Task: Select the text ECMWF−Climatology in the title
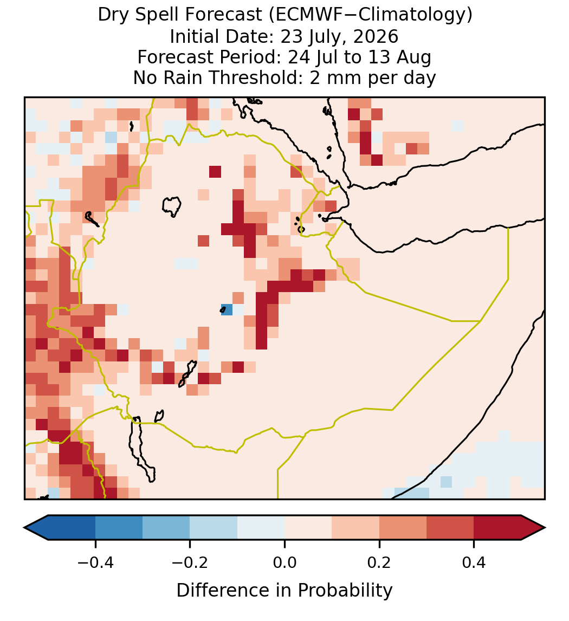370,16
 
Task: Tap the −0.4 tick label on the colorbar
95,562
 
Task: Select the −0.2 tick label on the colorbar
190,562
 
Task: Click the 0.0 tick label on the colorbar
284,562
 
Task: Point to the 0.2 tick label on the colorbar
379,562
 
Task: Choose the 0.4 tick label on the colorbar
474,562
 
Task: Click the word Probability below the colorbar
345,591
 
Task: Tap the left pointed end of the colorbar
24,528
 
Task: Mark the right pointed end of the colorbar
545,528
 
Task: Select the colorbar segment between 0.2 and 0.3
403,528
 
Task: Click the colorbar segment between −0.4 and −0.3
119,528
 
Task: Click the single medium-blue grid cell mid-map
227,310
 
